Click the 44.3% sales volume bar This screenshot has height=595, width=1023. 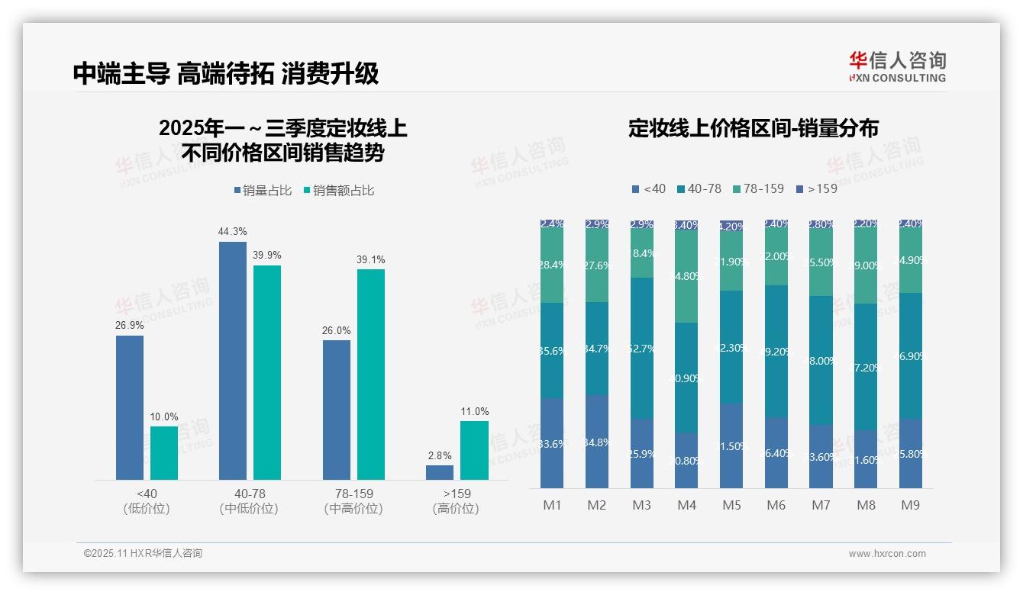233,360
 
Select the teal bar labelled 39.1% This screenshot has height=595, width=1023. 371,374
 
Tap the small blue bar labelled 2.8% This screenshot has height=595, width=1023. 440,472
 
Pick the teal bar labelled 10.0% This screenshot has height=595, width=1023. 164,452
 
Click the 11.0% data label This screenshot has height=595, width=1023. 474,412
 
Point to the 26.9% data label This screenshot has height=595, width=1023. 130,326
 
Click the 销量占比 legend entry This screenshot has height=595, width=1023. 263,191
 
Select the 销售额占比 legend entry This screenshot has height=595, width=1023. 339,191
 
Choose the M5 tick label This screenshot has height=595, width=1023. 731,505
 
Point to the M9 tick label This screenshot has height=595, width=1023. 910,505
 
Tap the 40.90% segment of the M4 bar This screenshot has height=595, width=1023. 686,378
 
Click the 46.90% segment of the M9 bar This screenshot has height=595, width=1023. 911,355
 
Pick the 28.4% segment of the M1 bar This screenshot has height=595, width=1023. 551,264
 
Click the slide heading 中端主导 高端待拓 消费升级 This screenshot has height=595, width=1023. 226,73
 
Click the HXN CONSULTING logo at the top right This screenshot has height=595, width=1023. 897,67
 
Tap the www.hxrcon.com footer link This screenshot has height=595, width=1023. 887,554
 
